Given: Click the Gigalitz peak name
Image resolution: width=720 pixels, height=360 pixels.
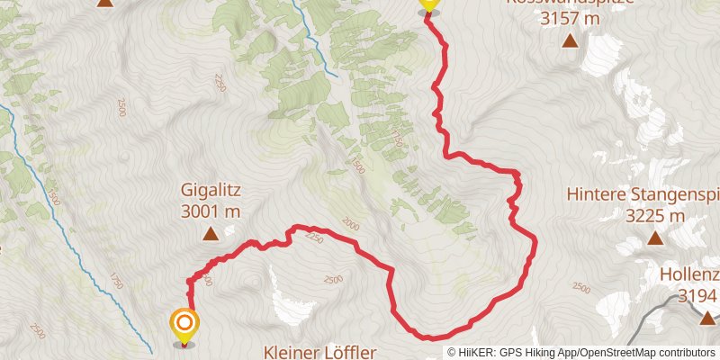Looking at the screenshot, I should tap(211, 192).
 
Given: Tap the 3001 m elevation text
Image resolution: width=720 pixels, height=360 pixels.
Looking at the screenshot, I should tap(211, 211).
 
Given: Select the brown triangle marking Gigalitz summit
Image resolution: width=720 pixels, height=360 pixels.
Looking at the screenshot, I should tap(211, 234).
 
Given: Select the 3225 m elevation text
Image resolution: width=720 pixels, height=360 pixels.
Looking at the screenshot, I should tap(654, 216).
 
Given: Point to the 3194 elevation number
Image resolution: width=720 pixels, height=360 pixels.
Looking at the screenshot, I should tap(697, 296).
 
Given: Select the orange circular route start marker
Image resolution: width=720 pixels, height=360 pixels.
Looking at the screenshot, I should tap(184, 323).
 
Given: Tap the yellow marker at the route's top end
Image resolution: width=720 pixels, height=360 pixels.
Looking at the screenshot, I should tap(428, 4).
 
